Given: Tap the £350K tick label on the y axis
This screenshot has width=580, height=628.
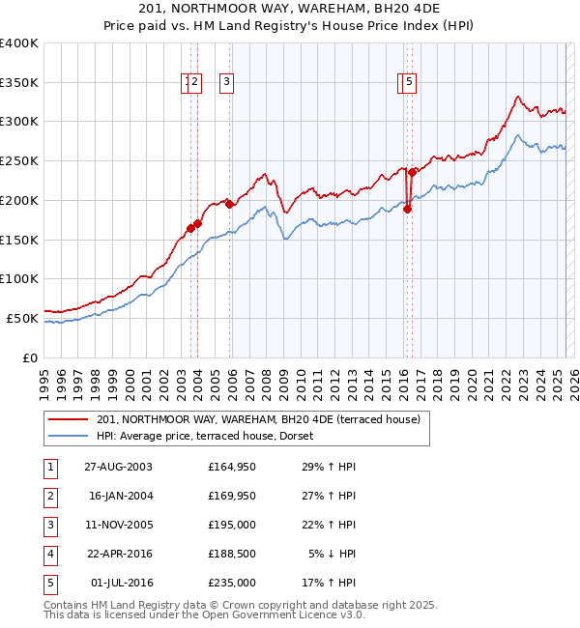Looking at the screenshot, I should coord(19,82).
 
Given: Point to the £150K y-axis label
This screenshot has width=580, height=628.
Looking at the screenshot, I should coord(19,239).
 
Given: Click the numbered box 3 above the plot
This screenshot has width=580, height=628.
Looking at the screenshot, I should coord(226,83).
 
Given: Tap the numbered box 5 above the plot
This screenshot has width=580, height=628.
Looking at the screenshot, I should coord(410,83).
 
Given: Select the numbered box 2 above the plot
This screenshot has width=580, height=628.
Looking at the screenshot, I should coord(194,83).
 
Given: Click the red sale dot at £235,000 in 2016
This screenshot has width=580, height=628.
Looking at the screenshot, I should coord(411,172).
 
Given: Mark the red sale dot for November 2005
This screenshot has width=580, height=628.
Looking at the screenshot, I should coord(229,204).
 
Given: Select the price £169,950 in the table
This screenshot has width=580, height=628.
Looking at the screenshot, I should coord(232,497).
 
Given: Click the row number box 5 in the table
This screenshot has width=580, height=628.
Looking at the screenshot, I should coord(49,584).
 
